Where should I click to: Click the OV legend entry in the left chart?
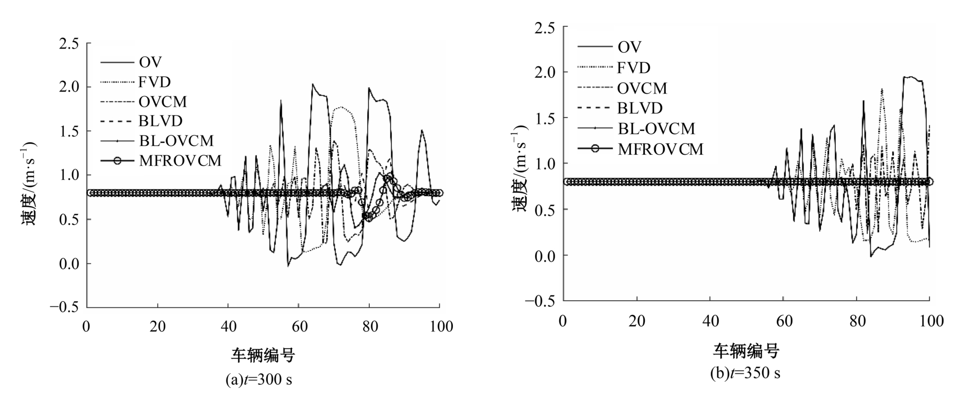click(150, 62)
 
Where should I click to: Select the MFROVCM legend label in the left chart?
click(180, 161)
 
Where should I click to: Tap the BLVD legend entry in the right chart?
click(640, 108)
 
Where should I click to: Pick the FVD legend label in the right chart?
click(633, 67)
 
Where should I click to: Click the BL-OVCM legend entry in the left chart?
click(176, 141)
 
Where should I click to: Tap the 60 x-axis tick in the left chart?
click(299, 327)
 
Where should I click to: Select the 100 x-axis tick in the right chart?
click(929, 321)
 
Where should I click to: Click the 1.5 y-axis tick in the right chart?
click(545, 118)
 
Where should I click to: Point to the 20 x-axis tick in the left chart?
click(157, 327)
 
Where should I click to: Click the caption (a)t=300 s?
click(258, 380)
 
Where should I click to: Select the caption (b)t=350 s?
click(745, 373)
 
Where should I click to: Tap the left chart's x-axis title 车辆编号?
click(263, 356)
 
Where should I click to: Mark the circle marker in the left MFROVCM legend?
click(117, 161)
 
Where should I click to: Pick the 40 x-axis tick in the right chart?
click(710, 321)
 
